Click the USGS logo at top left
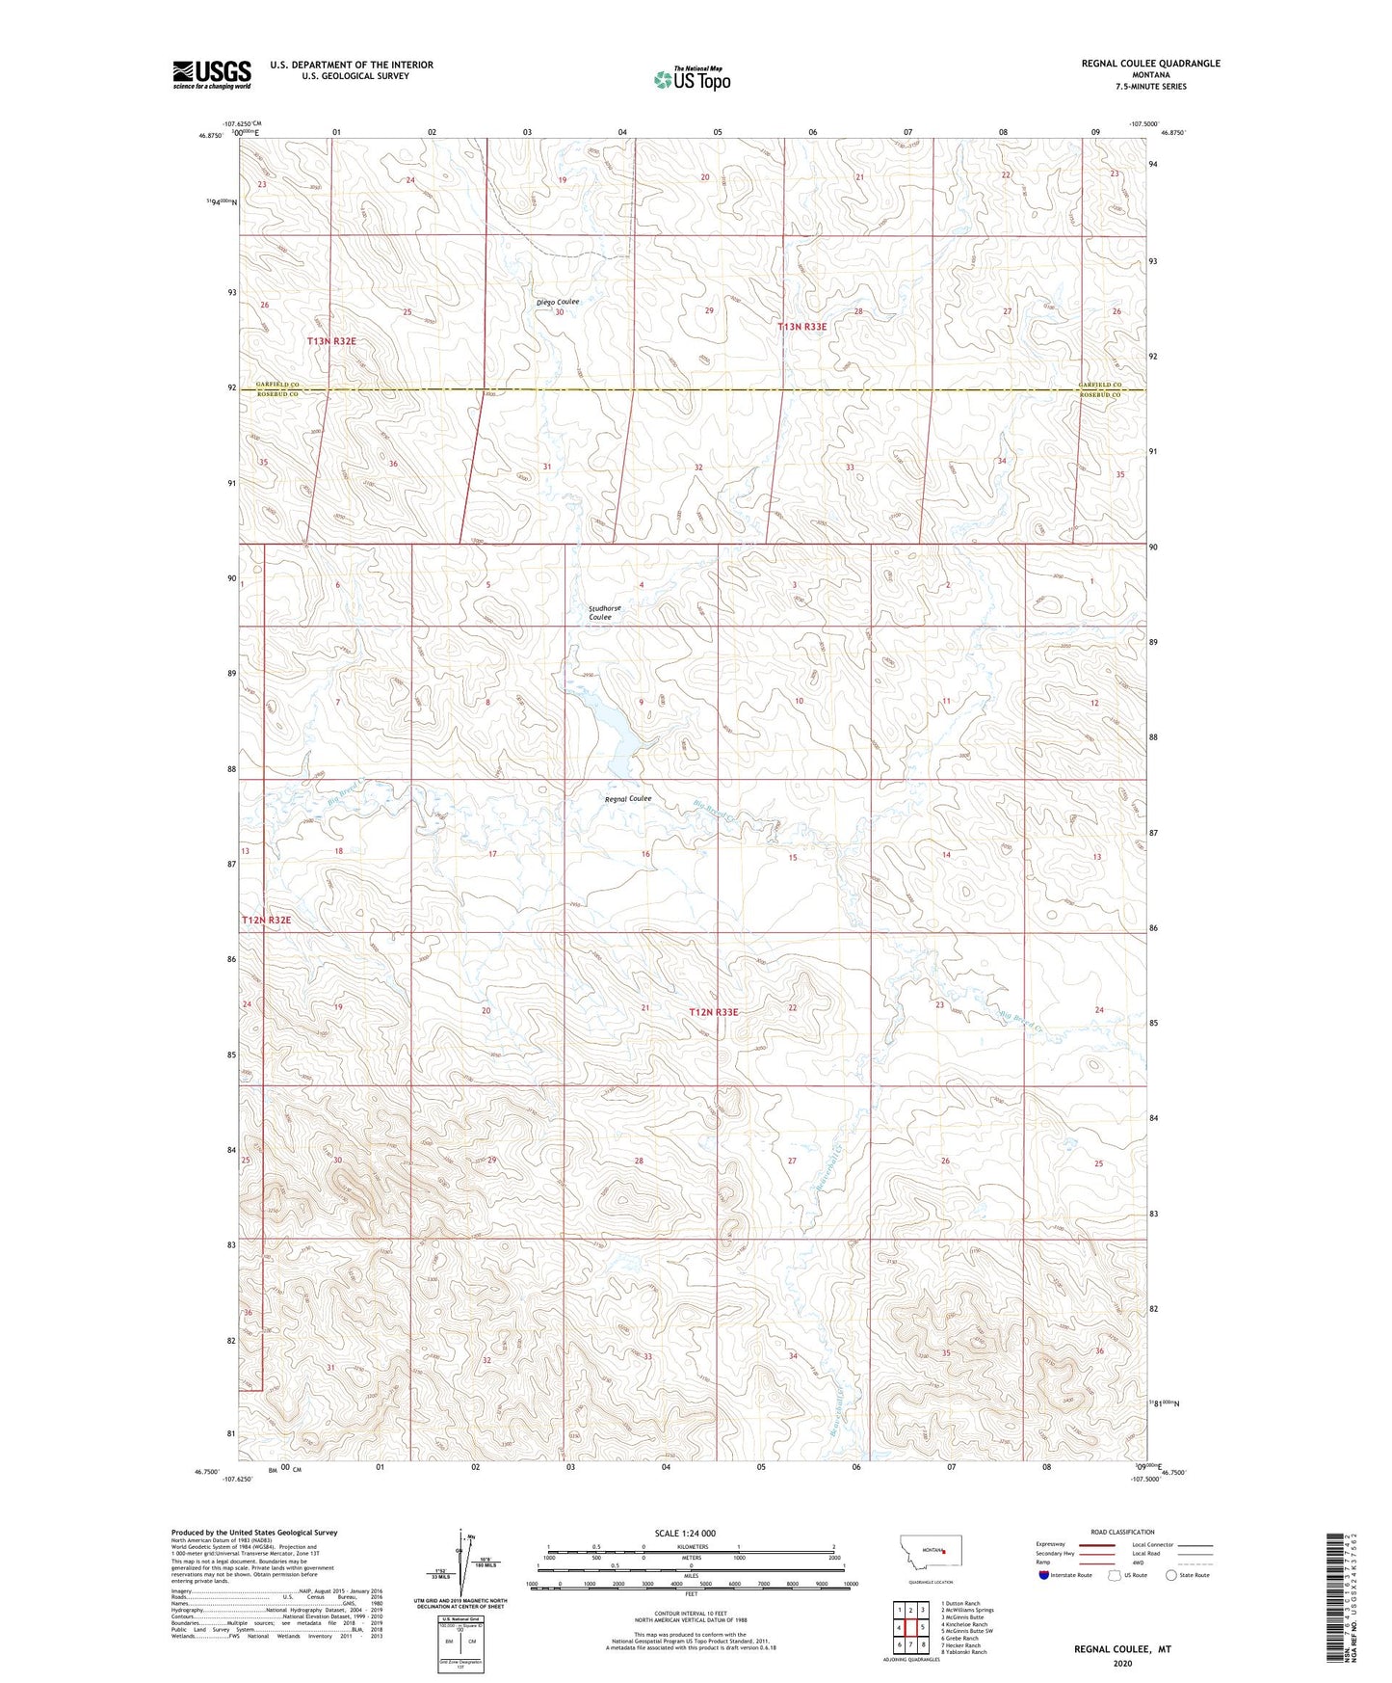pos(211,74)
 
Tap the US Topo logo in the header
pos(692,79)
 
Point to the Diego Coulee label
pos(558,302)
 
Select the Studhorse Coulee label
pos(604,613)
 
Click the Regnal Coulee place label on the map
pos(627,798)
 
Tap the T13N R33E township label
pos(801,327)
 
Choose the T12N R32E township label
pos(266,921)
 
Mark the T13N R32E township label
pos(331,341)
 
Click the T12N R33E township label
pos(714,1012)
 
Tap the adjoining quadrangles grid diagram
pos(909,1626)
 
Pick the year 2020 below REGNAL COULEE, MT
pos(1122,1663)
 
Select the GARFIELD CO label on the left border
pos(277,385)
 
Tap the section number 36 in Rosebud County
pos(392,464)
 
